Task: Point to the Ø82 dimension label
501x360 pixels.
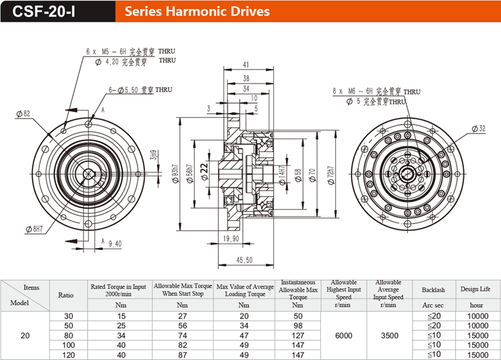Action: click(23, 114)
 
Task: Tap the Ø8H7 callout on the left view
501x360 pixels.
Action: click(35, 229)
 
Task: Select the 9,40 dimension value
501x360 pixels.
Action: click(115, 244)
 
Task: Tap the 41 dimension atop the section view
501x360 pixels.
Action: click(246, 65)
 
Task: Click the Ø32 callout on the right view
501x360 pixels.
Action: click(478, 128)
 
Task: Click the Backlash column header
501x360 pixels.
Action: click(433, 290)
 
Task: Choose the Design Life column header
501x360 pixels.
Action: click(476, 289)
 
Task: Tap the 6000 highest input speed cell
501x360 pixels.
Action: click(344, 335)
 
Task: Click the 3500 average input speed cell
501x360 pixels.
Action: click(389, 335)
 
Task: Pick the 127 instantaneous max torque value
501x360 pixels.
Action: click(298, 335)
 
